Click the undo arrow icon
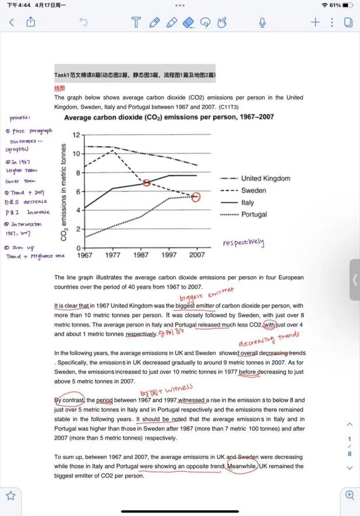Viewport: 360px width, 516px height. point(83,22)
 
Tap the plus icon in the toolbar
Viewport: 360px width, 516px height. point(315,22)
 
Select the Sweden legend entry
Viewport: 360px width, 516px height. point(253,191)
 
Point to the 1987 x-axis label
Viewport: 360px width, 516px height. point(141,255)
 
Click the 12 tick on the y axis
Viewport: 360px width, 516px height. point(76,135)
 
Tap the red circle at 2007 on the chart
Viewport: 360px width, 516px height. point(196,197)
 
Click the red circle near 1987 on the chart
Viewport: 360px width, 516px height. point(147,183)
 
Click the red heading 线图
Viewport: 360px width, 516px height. point(59,89)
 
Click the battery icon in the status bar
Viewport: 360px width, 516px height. point(347,6)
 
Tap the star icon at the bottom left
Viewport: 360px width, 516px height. point(10,496)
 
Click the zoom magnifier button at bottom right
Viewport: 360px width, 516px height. point(350,495)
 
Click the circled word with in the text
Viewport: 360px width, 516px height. point(269,325)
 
